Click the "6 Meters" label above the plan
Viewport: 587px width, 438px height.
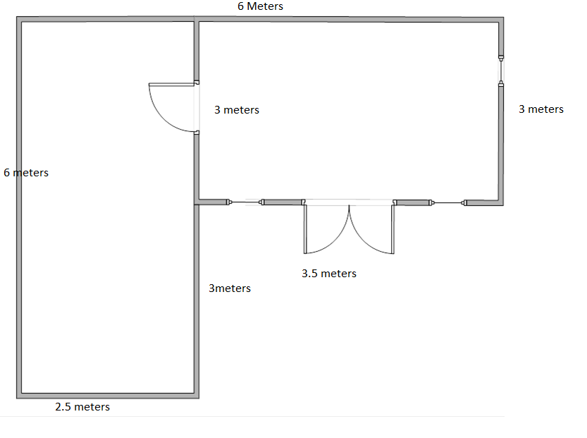pyautogui.click(x=260, y=6)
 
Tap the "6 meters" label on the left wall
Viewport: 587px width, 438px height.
pyautogui.click(x=26, y=173)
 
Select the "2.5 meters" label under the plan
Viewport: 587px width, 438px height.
pyautogui.click(x=82, y=407)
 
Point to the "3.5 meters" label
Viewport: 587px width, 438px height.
pyautogui.click(x=329, y=274)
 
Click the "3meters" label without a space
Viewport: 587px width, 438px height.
pyautogui.click(x=230, y=288)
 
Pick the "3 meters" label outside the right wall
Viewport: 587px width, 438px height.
pyautogui.click(x=541, y=109)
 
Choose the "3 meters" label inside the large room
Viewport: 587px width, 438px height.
pyautogui.click(x=237, y=110)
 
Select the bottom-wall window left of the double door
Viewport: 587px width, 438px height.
pyautogui.click(x=245, y=202)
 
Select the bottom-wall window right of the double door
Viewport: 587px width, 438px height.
pyautogui.click(x=447, y=202)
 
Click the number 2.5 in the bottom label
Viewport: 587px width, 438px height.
pyautogui.click(x=63, y=407)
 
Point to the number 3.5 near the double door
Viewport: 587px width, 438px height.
pyautogui.click(x=309, y=274)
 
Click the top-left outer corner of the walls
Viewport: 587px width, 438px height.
pyautogui.click(x=16, y=17)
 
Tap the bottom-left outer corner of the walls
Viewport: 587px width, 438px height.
pyautogui.click(x=16, y=399)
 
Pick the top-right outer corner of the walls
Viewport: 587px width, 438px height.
pyautogui.click(x=504, y=17)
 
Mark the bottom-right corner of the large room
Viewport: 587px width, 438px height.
pyautogui.click(x=503, y=205)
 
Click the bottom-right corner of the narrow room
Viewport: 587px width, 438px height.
pyautogui.click(x=199, y=399)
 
